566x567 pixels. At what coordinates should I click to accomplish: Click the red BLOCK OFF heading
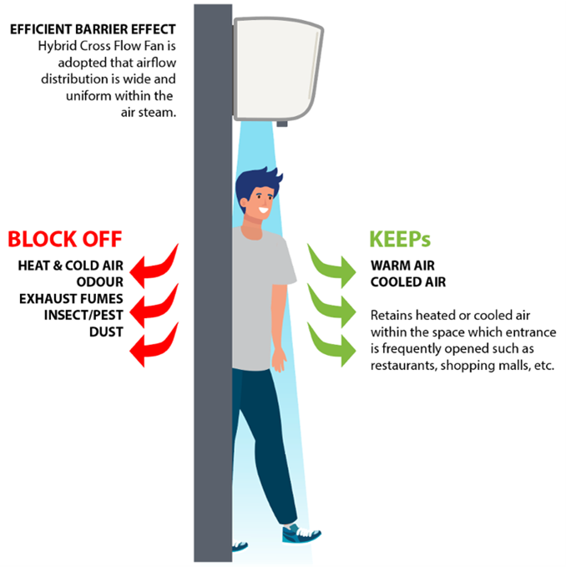tap(65, 239)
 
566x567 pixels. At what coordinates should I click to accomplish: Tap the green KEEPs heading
tap(400, 239)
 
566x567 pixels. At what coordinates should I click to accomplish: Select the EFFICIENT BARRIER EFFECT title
tap(93, 29)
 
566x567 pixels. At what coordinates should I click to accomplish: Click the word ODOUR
tap(99, 281)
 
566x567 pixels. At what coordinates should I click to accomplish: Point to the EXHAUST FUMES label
tap(71, 299)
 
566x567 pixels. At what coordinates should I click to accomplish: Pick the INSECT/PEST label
tap(83, 315)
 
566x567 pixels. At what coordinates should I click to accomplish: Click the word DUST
tap(106, 332)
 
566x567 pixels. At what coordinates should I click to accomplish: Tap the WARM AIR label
tap(402, 266)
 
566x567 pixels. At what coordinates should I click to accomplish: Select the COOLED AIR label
tap(408, 281)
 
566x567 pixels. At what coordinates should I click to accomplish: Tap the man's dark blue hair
tap(256, 183)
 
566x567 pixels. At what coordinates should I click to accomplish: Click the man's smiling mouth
tap(264, 210)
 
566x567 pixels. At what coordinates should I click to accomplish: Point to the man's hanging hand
tap(279, 359)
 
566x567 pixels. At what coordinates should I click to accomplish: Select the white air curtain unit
tap(278, 68)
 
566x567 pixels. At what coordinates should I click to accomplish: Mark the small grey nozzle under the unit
tap(282, 124)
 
